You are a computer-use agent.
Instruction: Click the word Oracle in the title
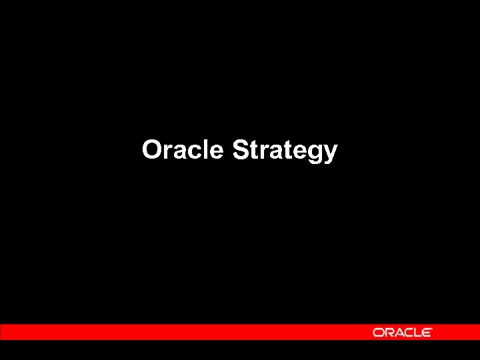tap(182, 150)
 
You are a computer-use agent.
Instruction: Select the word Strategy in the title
tap(285, 151)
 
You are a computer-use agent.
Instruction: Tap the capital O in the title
tap(151, 150)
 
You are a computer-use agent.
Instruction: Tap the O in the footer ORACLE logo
tap(378, 332)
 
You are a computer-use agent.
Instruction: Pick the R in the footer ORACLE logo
tap(388, 332)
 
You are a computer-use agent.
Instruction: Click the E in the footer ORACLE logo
tap(427, 332)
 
